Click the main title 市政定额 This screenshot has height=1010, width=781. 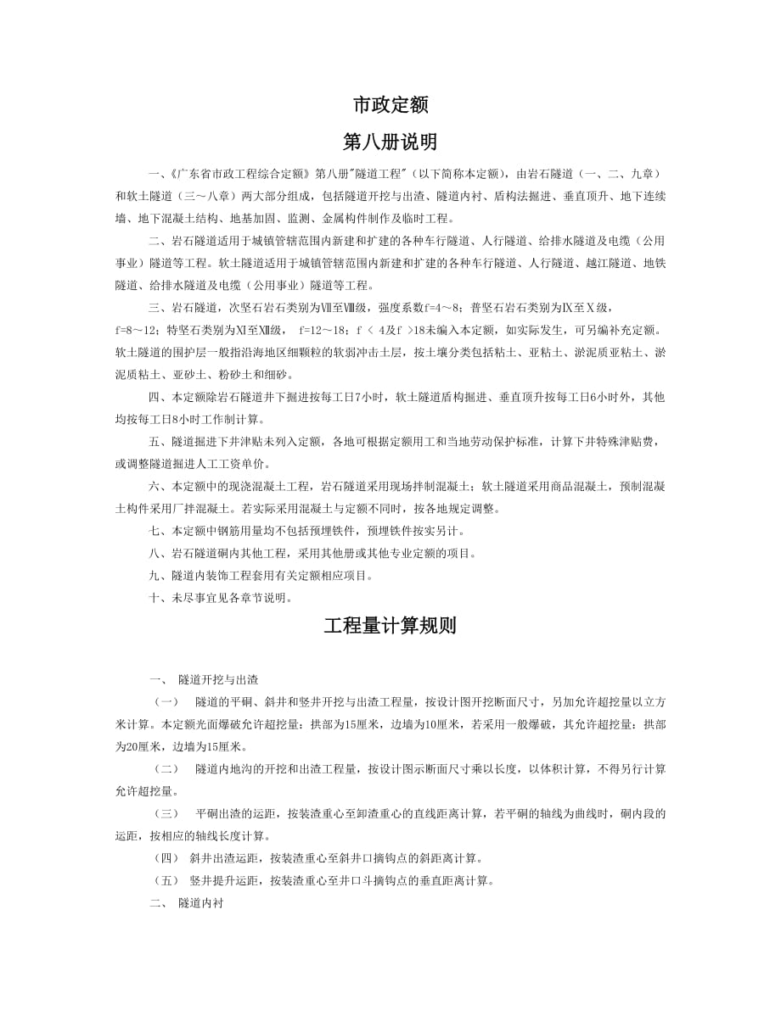(390, 104)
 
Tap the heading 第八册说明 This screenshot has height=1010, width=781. (390, 141)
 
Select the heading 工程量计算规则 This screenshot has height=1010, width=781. (390, 626)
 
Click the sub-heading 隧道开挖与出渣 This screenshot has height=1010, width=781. (218, 679)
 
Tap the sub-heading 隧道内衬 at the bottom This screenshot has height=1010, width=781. (200, 903)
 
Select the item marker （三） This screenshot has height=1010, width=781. (166, 813)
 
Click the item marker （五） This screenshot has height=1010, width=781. (166, 880)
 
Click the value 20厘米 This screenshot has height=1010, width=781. (144, 746)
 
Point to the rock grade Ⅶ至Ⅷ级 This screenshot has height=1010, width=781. (341, 306)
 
